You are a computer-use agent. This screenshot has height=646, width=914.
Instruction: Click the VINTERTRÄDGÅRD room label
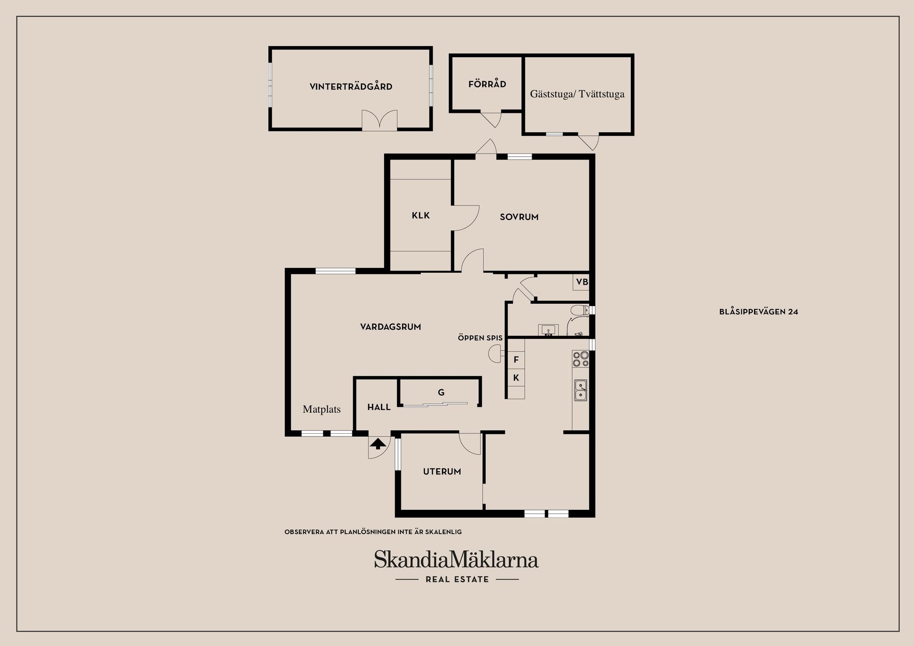(x=351, y=86)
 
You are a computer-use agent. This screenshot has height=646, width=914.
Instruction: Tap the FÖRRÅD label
(x=487, y=84)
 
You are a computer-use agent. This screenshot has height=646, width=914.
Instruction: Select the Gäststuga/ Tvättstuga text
(x=577, y=94)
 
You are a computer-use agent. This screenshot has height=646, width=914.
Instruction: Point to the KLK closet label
(x=421, y=216)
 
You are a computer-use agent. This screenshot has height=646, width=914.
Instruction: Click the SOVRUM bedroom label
(x=519, y=217)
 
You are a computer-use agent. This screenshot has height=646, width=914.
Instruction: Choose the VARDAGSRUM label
(x=390, y=327)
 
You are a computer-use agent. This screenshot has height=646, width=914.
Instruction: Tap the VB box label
(x=582, y=282)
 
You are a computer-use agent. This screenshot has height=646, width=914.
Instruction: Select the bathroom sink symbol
(x=548, y=330)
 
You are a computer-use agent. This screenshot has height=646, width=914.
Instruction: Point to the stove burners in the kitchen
(x=581, y=359)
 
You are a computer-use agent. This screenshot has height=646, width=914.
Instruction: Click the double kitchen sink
(x=580, y=390)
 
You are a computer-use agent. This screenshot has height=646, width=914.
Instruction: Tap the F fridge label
(x=516, y=360)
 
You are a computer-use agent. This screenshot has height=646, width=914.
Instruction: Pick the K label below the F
(x=516, y=378)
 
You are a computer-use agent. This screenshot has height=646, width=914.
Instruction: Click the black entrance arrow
(x=378, y=444)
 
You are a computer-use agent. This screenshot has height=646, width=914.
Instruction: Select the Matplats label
(x=322, y=409)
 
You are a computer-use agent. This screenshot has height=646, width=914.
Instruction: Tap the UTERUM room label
(x=442, y=472)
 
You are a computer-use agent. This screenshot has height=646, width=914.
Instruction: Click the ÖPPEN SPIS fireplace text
(x=480, y=338)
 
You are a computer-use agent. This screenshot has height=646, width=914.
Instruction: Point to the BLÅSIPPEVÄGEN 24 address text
(x=759, y=312)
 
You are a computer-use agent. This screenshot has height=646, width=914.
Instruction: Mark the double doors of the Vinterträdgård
(x=379, y=120)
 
